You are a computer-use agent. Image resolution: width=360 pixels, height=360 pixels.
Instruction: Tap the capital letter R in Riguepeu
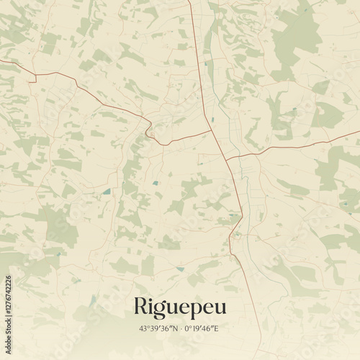pyautogui.click(x=140, y=305)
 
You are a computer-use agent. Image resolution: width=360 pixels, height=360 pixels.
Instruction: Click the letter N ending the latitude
pyautogui.click(x=175, y=328)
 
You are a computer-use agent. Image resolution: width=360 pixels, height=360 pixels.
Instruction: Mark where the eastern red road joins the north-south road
pyautogui.click(x=225, y=158)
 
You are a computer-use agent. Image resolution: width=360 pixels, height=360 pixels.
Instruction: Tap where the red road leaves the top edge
pyautogui.click(x=189, y=1)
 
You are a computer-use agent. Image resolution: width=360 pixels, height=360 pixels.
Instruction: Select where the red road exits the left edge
pyautogui.click(x=1, y=62)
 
